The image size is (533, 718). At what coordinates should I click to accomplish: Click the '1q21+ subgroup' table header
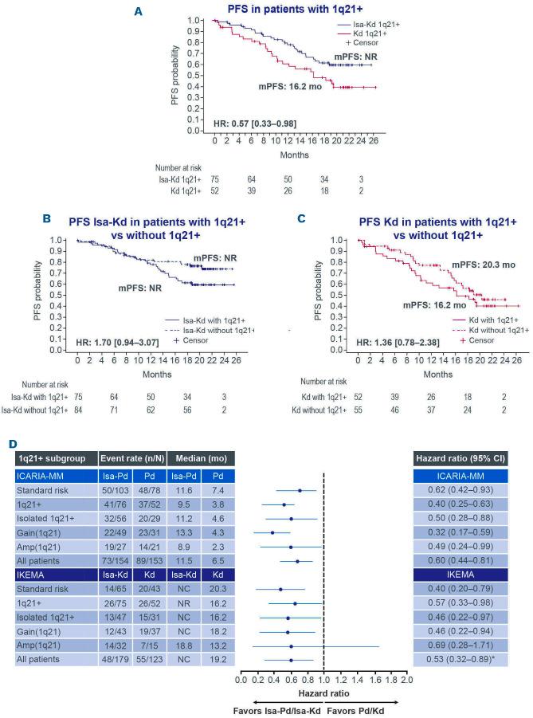point(53,459)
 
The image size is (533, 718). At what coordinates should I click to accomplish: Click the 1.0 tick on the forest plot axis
point(323,680)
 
